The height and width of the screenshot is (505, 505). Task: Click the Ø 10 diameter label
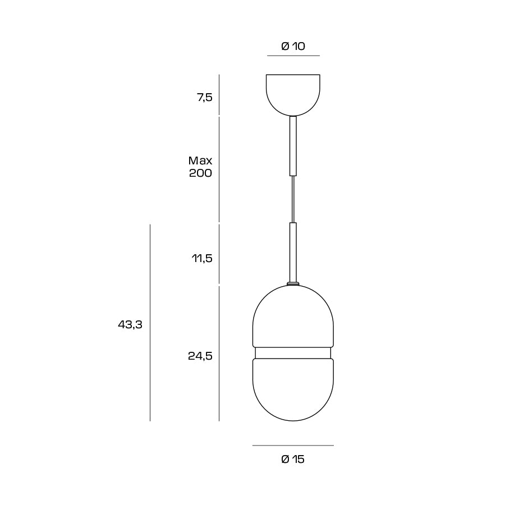click(293, 47)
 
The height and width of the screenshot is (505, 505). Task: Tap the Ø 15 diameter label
click(293, 460)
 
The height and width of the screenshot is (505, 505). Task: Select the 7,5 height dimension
click(205, 98)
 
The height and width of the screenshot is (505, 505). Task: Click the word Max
click(200, 160)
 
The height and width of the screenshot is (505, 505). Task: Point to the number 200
click(200, 173)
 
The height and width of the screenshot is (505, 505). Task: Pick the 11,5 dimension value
click(202, 259)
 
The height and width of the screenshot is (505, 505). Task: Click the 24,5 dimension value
click(200, 356)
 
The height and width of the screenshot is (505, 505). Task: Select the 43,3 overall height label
click(130, 324)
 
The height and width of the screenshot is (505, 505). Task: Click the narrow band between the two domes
click(293, 353)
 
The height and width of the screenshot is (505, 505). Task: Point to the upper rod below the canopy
click(293, 146)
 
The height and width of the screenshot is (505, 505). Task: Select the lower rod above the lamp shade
click(293, 252)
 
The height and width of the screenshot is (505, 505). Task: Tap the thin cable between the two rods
click(293, 199)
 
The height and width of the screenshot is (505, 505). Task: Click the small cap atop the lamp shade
click(293, 284)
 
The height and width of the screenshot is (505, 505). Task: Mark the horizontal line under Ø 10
click(293, 56)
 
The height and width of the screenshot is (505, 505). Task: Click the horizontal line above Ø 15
click(293, 446)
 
